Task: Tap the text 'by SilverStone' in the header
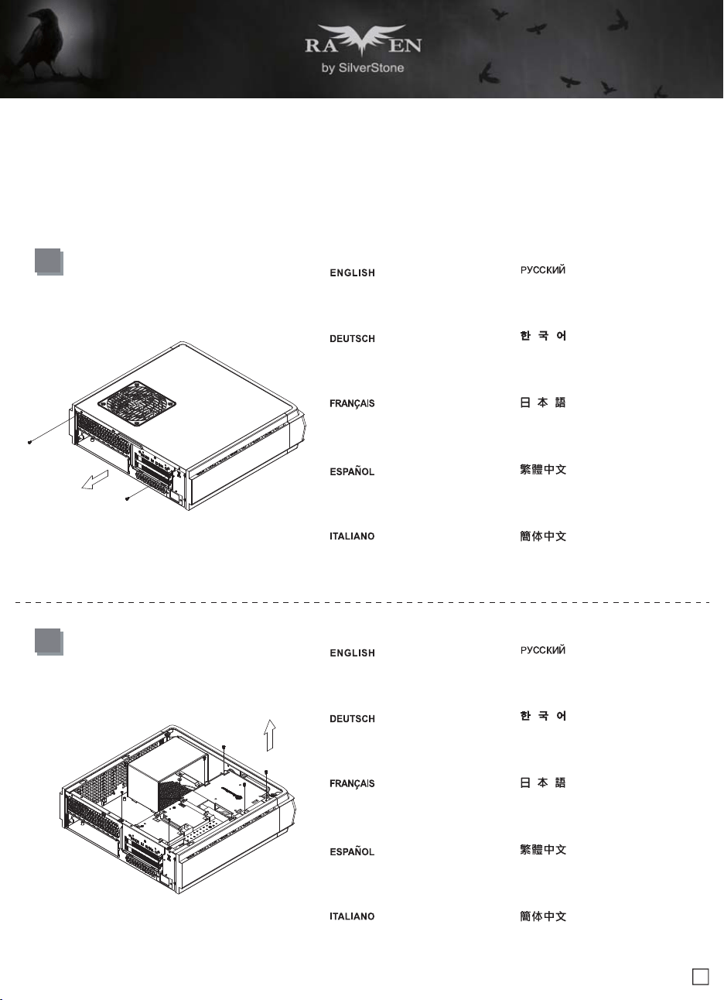[363, 68]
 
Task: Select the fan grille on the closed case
[136, 403]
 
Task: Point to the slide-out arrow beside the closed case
[95, 480]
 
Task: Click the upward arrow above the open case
[269, 735]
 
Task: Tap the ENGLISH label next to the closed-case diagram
[352, 272]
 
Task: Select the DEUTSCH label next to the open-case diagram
[352, 719]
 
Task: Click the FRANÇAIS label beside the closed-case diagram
[352, 403]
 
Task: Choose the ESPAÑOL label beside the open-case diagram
[352, 851]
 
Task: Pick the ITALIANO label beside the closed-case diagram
[352, 536]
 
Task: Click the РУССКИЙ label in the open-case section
[543, 650]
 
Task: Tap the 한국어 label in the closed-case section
[543, 336]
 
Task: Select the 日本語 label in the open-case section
[543, 783]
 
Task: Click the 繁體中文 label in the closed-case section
[543, 469]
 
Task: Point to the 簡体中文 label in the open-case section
[543, 916]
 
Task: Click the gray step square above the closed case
[49, 262]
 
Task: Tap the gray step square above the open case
[49, 642]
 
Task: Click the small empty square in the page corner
[700, 977]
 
